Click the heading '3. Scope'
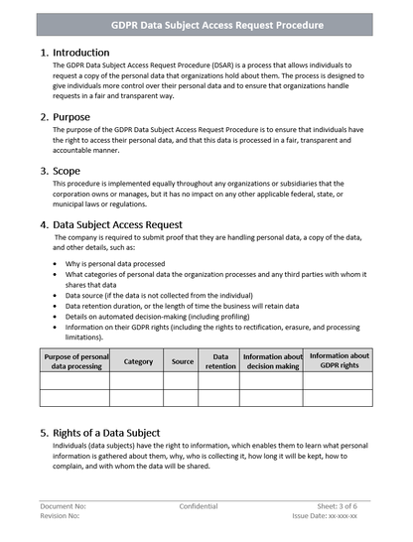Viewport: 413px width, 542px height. [61, 170]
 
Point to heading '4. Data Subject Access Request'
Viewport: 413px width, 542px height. [111, 224]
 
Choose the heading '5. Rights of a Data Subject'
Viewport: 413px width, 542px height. [100, 433]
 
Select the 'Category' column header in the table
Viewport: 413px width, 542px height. [138, 361]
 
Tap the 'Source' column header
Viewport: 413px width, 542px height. [183, 361]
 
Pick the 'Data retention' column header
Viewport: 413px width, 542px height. [220, 361]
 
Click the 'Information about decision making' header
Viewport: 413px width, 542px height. [272, 361]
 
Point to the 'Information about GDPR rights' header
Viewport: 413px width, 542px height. [339, 360]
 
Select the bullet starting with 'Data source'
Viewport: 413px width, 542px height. [159, 296]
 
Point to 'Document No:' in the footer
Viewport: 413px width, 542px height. [64, 505]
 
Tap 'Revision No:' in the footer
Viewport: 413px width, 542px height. [62, 516]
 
